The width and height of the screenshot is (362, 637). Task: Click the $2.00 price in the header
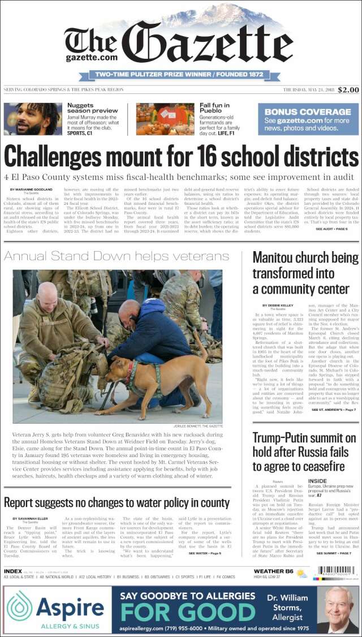click(x=348, y=90)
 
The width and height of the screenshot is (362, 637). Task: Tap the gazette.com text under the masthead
click(x=91, y=57)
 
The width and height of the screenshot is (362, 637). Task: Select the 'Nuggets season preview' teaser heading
click(x=93, y=108)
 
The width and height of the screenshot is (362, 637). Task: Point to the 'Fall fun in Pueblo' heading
click(x=218, y=108)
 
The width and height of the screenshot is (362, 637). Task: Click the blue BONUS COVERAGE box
click(x=308, y=119)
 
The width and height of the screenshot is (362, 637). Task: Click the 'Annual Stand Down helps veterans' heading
click(x=108, y=256)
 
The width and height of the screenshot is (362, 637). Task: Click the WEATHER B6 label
click(x=273, y=571)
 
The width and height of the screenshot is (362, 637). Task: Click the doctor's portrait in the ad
click(x=339, y=609)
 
